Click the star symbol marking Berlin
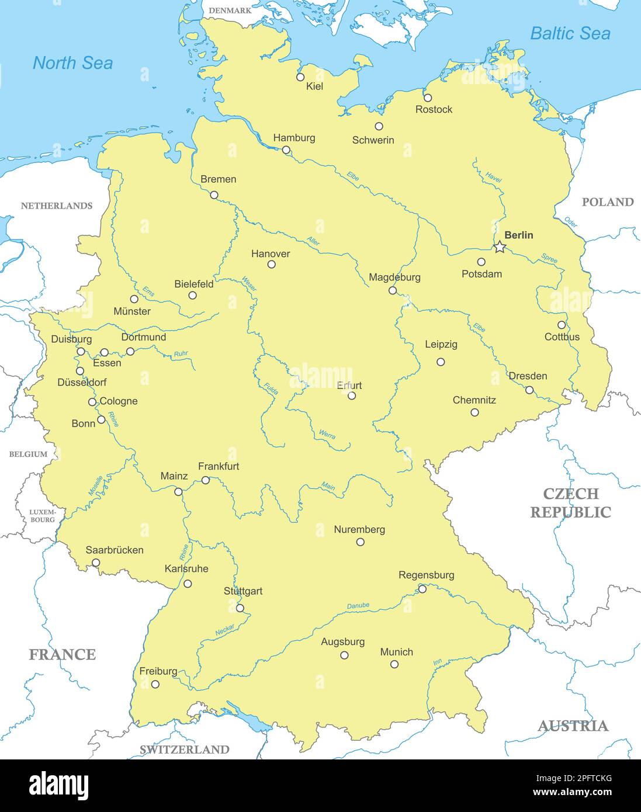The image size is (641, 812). pyautogui.click(x=500, y=247)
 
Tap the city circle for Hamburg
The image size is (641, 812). pyautogui.click(x=286, y=150)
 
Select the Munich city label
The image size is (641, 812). pyautogui.click(x=396, y=652)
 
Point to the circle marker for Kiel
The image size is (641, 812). pyautogui.click(x=300, y=77)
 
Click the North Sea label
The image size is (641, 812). pyautogui.click(x=72, y=63)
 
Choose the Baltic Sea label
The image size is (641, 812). pyautogui.click(x=570, y=34)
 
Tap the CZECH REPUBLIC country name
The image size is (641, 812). pyautogui.click(x=570, y=503)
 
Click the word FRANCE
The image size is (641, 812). pyautogui.click(x=62, y=654)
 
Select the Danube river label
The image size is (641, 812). pyautogui.click(x=358, y=606)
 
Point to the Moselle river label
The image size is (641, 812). pyautogui.click(x=95, y=486)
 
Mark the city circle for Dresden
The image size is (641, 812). pyautogui.click(x=529, y=390)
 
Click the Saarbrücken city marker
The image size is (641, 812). pyautogui.click(x=96, y=563)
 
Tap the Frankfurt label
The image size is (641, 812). pyautogui.click(x=219, y=466)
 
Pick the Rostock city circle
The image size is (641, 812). pyautogui.click(x=428, y=98)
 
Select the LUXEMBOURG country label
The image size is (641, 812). pyautogui.click(x=43, y=516)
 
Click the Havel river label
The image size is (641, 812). pyautogui.click(x=493, y=178)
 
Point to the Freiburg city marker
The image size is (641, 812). pyautogui.click(x=155, y=684)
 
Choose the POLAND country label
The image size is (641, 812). pyautogui.click(x=608, y=202)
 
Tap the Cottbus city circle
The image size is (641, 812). pyautogui.click(x=562, y=325)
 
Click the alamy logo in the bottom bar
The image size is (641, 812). pyautogui.click(x=59, y=785)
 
